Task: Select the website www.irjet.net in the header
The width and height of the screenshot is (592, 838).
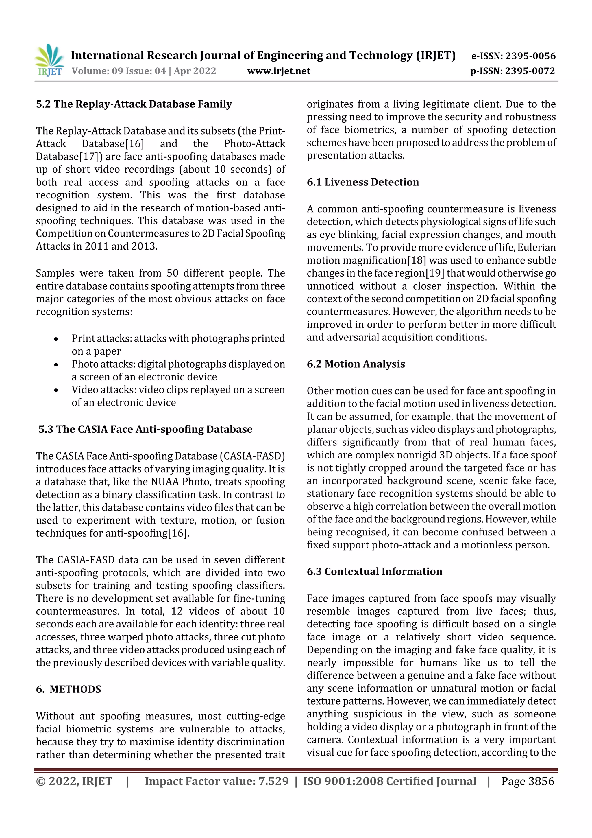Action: (x=279, y=71)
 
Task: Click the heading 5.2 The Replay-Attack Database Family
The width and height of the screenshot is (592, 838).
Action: (x=134, y=104)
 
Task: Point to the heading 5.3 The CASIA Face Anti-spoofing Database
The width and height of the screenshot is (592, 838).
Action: (x=145, y=429)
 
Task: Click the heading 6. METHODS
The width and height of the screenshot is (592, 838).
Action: (x=69, y=689)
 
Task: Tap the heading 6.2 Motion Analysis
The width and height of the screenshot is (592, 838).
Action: (x=356, y=364)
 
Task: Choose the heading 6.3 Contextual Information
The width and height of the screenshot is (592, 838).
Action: (x=374, y=571)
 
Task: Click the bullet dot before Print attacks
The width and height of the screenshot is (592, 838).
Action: (x=56, y=339)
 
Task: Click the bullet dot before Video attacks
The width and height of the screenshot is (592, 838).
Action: (x=56, y=391)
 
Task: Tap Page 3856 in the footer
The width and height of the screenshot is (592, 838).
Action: (x=528, y=781)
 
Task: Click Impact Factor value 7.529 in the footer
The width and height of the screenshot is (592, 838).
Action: (x=217, y=781)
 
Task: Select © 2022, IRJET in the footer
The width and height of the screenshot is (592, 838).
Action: (x=74, y=781)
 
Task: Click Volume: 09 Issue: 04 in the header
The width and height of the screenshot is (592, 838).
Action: (x=119, y=71)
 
